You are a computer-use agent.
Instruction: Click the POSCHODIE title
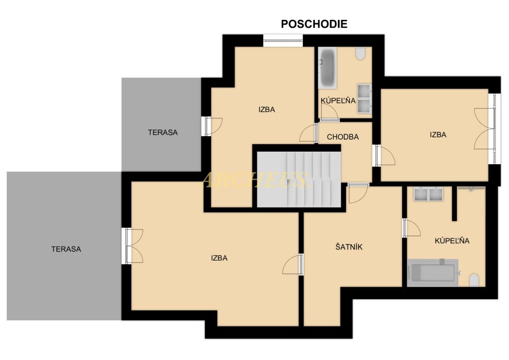pyautogui.click(x=314, y=24)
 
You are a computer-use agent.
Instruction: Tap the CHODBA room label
pyautogui.click(x=342, y=137)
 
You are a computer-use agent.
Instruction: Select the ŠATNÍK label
pyautogui.click(x=348, y=247)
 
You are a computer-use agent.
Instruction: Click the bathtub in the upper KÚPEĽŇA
pyautogui.click(x=327, y=68)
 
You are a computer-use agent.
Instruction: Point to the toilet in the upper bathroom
pyautogui.click(x=361, y=54)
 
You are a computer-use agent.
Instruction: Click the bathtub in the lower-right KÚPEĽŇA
pyautogui.click(x=432, y=272)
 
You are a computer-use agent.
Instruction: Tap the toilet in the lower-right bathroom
pyautogui.click(x=474, y=280)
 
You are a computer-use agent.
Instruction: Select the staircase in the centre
pyautogui.click(x=299, y=179)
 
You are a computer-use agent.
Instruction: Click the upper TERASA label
pyautogui.click(x=163, y=132)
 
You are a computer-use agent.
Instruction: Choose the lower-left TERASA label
pyautogui.click(x=66, y=249)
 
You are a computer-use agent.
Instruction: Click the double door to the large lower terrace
pyautogui.click(x=134, y=246)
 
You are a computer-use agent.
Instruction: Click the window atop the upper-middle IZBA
pyautogui.click(x=283, y=41)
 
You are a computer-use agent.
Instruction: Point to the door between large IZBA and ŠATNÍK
pyautogui.click(x=293, y=265)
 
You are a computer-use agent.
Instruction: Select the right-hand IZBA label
pyautogui.click(x=438, y=135)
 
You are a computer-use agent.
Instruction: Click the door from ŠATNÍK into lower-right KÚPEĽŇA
pyautogui.click(x=411, y=228)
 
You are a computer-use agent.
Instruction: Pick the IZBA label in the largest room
pyautogui.click(x=219, y=258)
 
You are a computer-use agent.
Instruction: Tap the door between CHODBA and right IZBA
pyautogui.click(x=385, y=156)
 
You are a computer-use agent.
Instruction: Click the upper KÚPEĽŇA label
pyautogui.click(x=338, y=100)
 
